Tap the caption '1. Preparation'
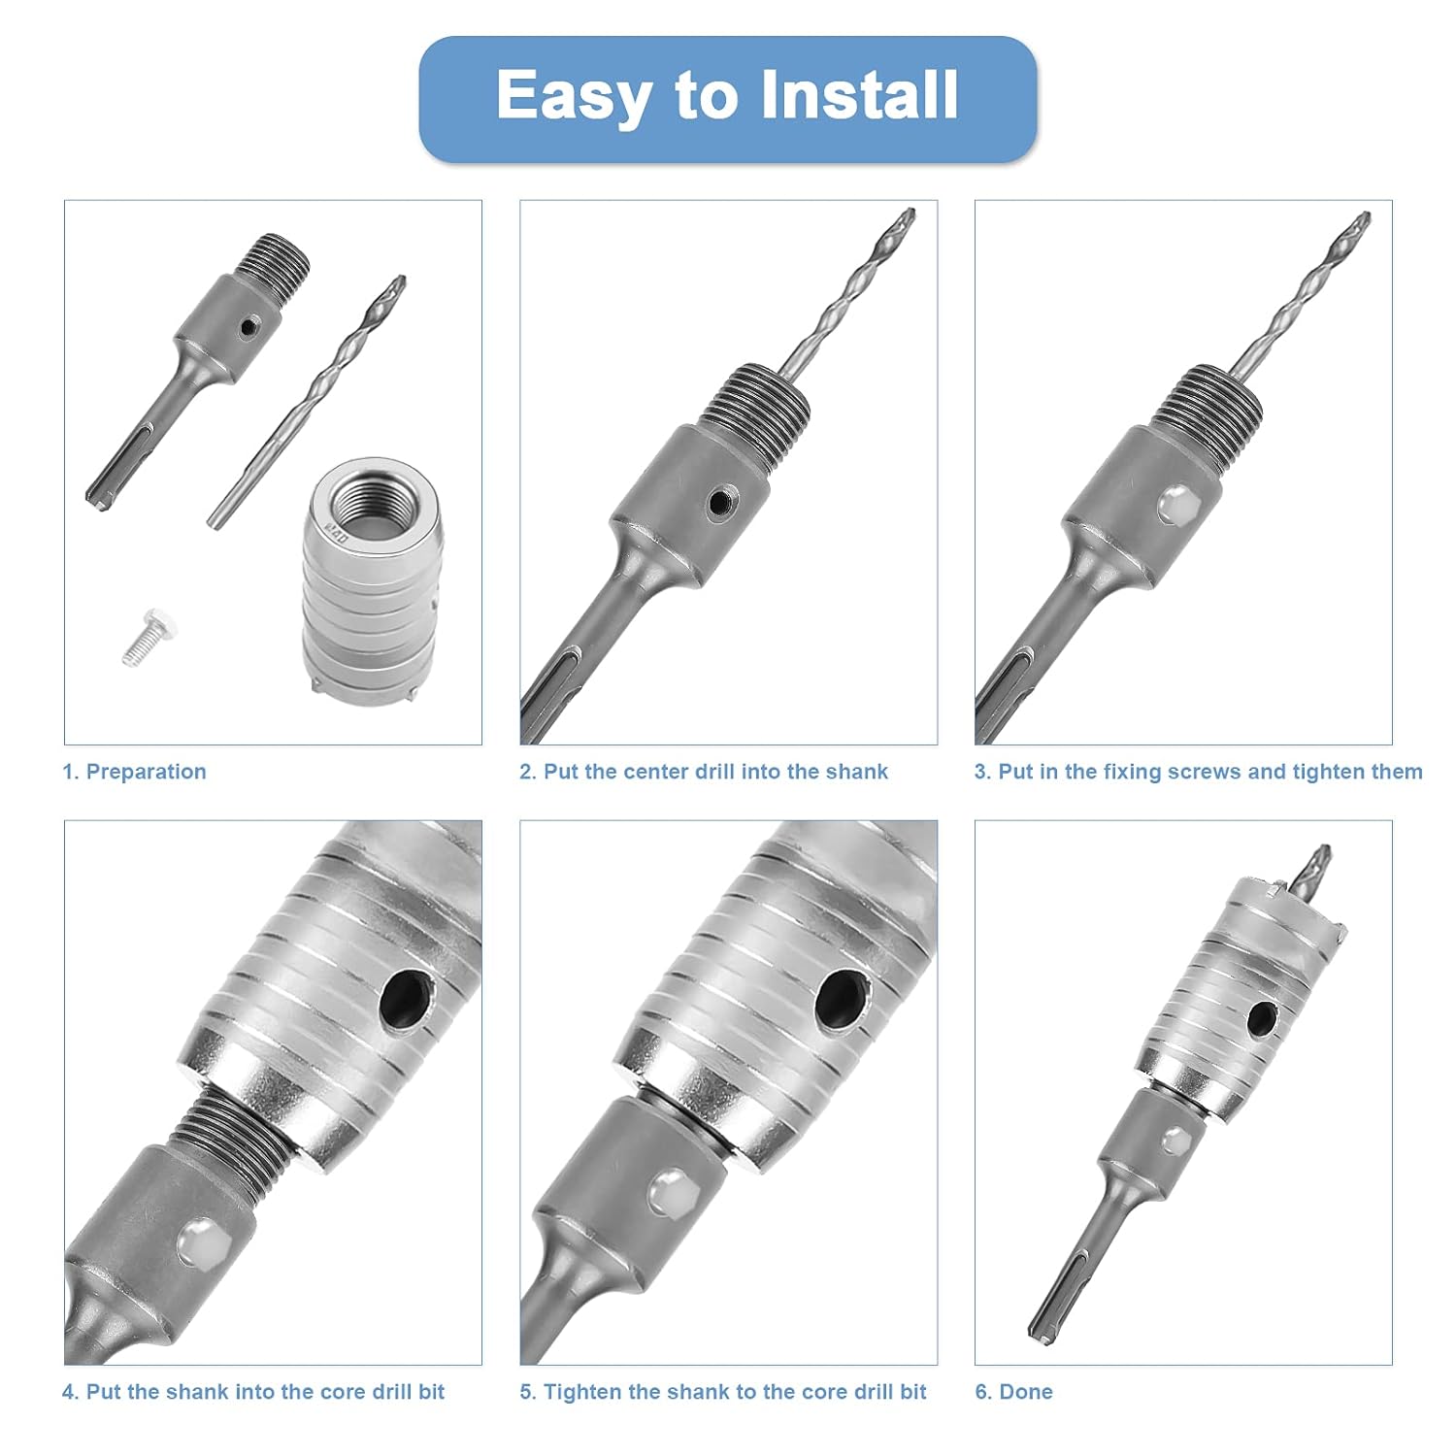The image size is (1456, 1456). coord(135,772)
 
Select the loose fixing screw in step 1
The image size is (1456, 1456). coord(145,636)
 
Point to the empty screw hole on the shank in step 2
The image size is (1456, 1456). coord(719,501)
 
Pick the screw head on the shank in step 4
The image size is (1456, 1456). coord(199,1241)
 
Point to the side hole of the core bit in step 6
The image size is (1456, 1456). coord(1262,1018)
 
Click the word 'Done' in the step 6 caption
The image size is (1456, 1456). coord(1026,1392)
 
